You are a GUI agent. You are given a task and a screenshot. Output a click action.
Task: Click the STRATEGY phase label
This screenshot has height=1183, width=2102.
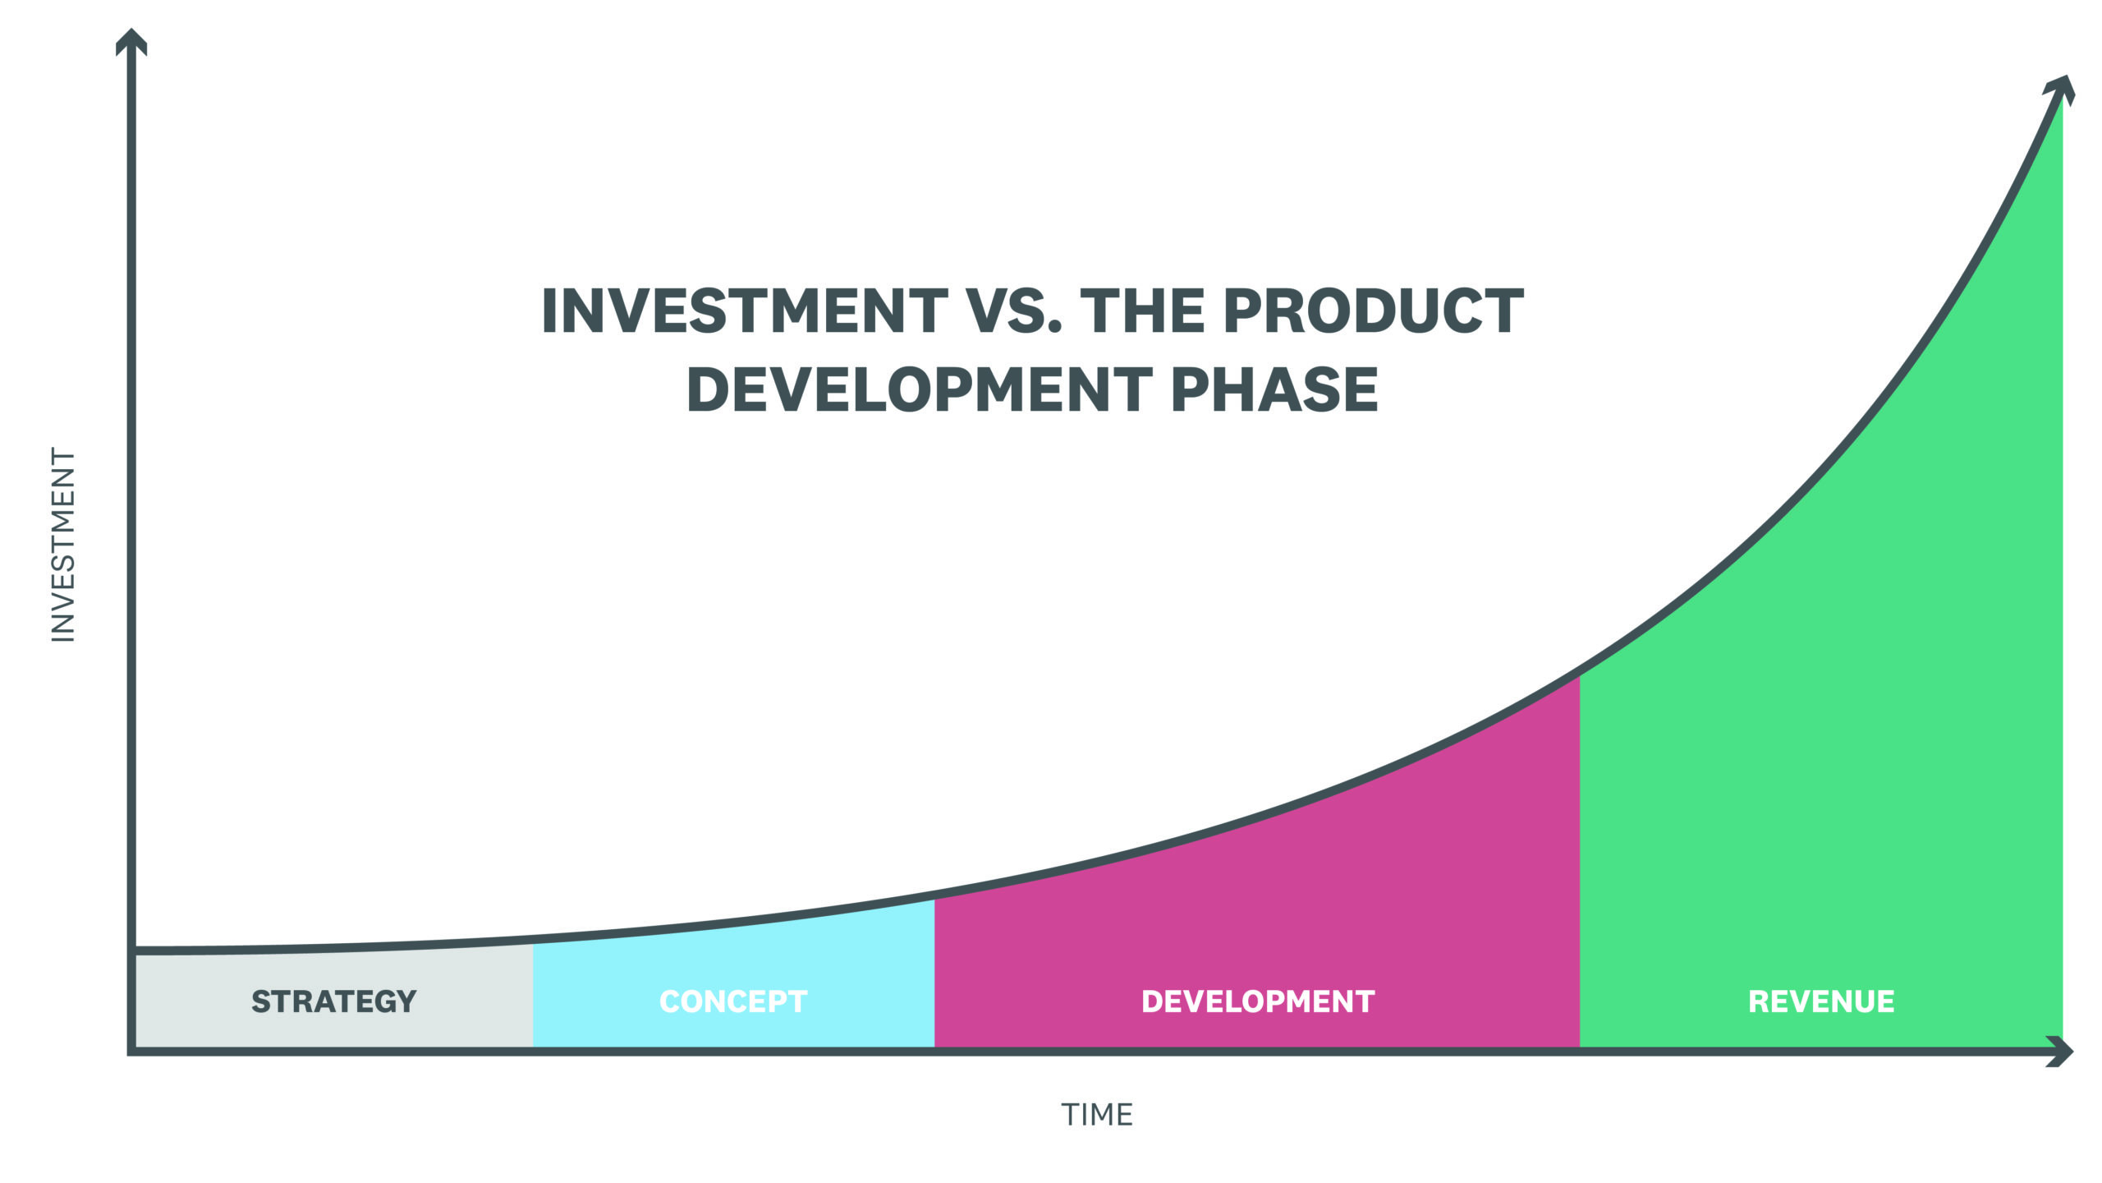click(333, 1001)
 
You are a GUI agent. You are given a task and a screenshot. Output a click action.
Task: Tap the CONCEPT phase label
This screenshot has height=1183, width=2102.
click(733, 1001)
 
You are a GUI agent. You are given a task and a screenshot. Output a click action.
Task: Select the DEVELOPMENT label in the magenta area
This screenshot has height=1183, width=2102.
click(1258, 1001)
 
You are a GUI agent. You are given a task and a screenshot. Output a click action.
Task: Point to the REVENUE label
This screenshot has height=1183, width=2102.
click(1821, 1001)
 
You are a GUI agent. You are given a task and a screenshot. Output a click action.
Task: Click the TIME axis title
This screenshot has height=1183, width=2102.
click(1097, 1115)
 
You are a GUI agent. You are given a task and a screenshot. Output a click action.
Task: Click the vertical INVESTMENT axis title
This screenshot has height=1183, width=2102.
click(63, 545)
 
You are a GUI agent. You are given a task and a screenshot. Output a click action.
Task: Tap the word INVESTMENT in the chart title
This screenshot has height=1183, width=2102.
click(745, 311)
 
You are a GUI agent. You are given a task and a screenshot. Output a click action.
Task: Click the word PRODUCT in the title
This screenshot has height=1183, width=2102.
click(1373, 311)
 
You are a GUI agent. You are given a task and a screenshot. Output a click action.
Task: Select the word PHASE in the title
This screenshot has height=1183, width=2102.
click(1274, 389)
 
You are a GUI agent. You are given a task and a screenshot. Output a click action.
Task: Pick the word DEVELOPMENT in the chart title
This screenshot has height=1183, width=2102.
click(920, 389)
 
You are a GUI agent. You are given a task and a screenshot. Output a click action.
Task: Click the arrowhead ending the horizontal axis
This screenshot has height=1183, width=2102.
click(2061, 1052)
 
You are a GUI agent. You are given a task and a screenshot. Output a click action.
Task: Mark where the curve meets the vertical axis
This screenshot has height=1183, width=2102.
click(134, 951)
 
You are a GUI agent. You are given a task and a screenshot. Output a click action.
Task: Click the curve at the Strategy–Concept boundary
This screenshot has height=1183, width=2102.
click(533, 940)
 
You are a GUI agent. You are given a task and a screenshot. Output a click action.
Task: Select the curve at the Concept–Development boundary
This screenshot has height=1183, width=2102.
click(934, 895)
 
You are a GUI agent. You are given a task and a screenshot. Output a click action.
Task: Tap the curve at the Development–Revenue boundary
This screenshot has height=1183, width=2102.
click(1580, 672)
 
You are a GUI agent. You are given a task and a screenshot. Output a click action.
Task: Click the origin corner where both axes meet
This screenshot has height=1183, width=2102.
click(131, 1051)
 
